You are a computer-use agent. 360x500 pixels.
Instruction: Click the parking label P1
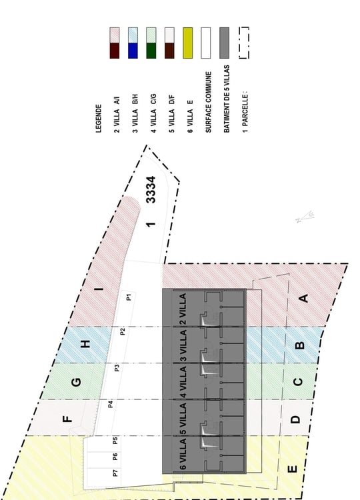pos(129,297)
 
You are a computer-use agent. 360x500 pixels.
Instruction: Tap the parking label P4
pos(110,405)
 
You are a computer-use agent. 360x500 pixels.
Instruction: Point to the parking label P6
pos(115,457)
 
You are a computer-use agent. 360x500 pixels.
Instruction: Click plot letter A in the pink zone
pos(304,298)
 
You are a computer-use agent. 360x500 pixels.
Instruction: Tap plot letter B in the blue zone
pos(300,345)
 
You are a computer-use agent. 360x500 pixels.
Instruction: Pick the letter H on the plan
pos(85,344)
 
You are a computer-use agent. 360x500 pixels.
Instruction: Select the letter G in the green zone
pos(76,382)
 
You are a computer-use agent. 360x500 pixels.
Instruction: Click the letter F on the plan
pos(67,419)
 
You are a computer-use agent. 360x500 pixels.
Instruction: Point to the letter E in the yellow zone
pos(293,469)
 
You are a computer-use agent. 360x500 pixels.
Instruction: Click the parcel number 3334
pos(151,189)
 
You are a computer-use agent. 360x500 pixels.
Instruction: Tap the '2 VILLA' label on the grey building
pos(183,309)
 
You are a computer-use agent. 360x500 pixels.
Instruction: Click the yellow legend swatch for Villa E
pos(188,43)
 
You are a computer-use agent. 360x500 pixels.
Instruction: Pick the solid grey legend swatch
pos(225,43)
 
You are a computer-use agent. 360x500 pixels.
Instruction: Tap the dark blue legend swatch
pos(133,51)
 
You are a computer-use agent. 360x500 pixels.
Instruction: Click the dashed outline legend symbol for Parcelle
pos(244,43)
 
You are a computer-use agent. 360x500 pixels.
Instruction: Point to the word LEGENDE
pos(99,119)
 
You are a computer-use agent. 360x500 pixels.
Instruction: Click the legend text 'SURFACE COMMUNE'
pos(208,102)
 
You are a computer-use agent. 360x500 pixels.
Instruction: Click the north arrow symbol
pos(305,217)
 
